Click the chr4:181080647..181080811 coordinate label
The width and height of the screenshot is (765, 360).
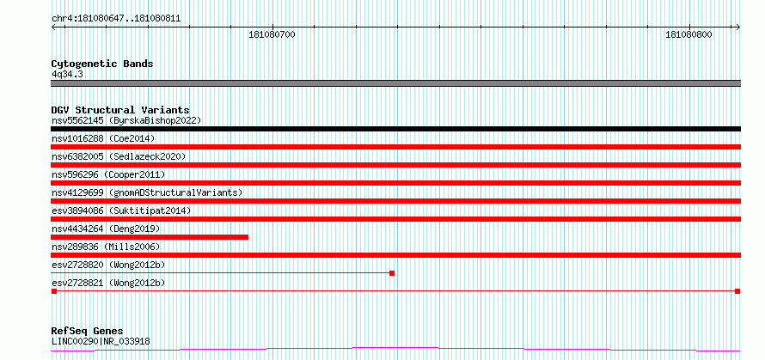[x=116, y=19]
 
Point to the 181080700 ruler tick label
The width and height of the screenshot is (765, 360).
[x=272, y=34]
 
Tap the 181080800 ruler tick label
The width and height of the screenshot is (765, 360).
[x=688, y=34]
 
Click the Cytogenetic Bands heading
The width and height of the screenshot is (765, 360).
[x=102, y=64]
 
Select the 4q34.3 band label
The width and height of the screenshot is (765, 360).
[x=64, y=74]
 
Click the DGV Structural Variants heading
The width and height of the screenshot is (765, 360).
[x=120, y=110]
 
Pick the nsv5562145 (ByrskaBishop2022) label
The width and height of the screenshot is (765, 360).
[x=126, y=120]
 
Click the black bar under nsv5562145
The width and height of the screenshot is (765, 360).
[x=395, y=129]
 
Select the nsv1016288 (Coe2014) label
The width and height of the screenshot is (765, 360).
[x=103, y=138]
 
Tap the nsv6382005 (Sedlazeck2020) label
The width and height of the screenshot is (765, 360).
[x=119, y=156]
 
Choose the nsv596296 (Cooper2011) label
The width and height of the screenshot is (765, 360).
[x=108, y=174]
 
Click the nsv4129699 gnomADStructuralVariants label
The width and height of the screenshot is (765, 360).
[x=147, y=192]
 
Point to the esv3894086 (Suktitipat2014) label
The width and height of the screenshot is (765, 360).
[x=121, y=211]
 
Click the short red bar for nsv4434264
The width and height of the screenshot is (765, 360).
[x=150, y=237]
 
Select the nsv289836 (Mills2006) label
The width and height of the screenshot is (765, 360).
[x=106, y=247]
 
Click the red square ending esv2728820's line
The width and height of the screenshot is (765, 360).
[x=392, y=273]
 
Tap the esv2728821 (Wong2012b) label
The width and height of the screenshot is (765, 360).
[x=108, y=283]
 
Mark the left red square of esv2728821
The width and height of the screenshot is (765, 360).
[x=54, y=291]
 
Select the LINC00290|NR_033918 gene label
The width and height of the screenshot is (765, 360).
[x=101, y=341]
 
